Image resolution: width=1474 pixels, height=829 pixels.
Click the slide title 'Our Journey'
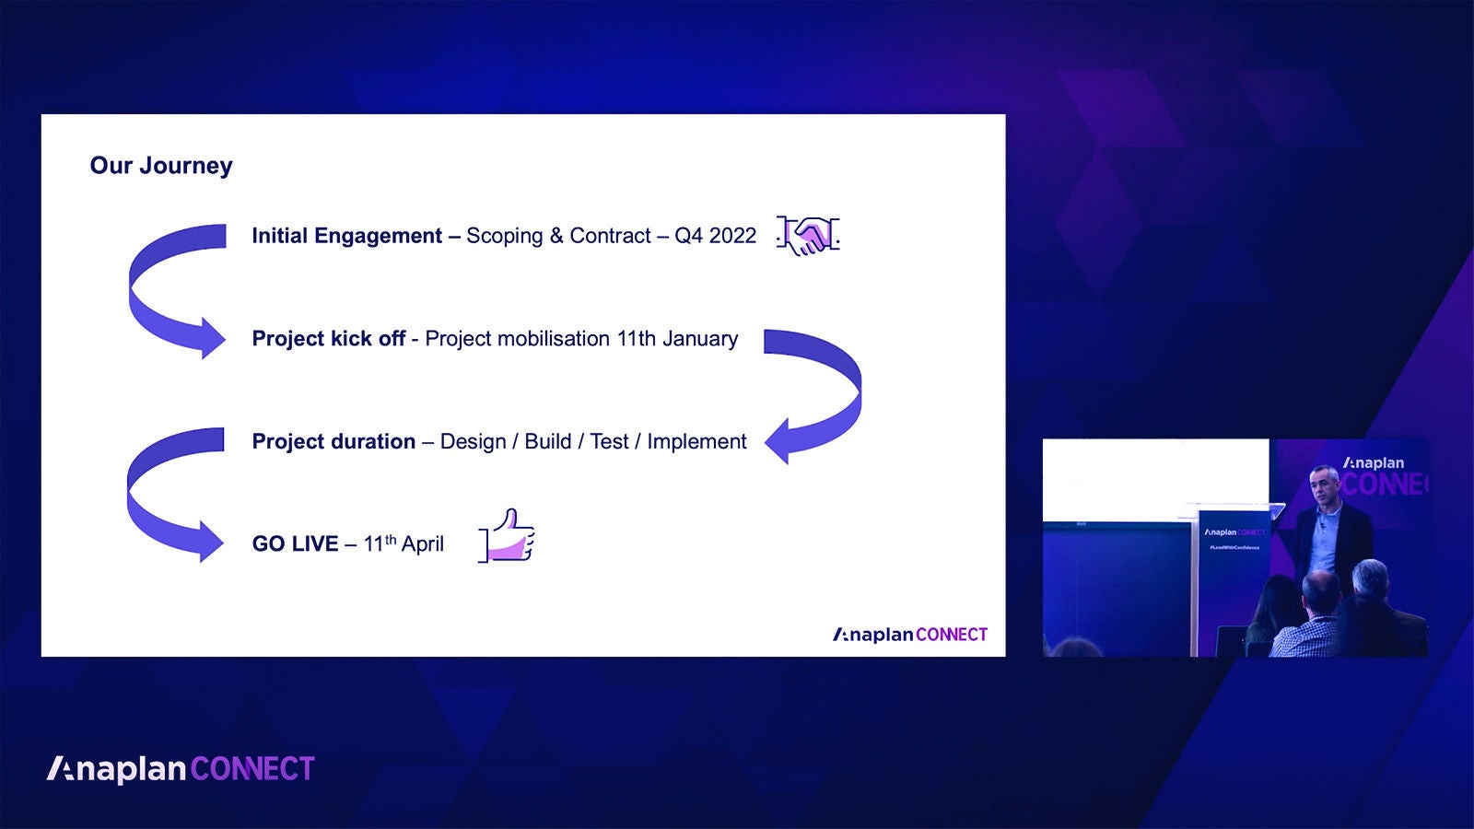tap(161, 166)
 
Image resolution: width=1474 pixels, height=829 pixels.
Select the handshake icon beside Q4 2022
tap(808, 236)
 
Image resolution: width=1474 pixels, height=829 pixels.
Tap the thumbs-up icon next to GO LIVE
tap(508, 536)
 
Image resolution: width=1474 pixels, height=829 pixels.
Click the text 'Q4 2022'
tap(715, 236)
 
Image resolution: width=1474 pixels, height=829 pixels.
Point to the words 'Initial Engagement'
tap(346, 236)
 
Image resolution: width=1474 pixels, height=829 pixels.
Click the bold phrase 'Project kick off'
tap(328, 339)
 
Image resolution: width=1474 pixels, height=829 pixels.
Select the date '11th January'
tap(677, 339)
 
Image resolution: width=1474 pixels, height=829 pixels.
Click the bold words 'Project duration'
tap(333, 442)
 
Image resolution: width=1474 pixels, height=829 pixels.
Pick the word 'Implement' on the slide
tap(696, 442)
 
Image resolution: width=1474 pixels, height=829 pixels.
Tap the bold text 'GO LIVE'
tap(295, 544)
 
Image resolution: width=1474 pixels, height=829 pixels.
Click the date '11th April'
tap(404, 544)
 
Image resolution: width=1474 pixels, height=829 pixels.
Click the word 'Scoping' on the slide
tap(504, 237)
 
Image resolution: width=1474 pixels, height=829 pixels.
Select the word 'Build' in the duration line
tap(548, 442)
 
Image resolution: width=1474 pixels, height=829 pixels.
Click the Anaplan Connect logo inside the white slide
tap(910, 635)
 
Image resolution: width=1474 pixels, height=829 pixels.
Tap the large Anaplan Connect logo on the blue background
tap(181, 769)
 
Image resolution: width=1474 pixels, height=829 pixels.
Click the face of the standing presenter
tap(1323, 485)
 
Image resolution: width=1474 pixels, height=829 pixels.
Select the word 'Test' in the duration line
tap(609, 442)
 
